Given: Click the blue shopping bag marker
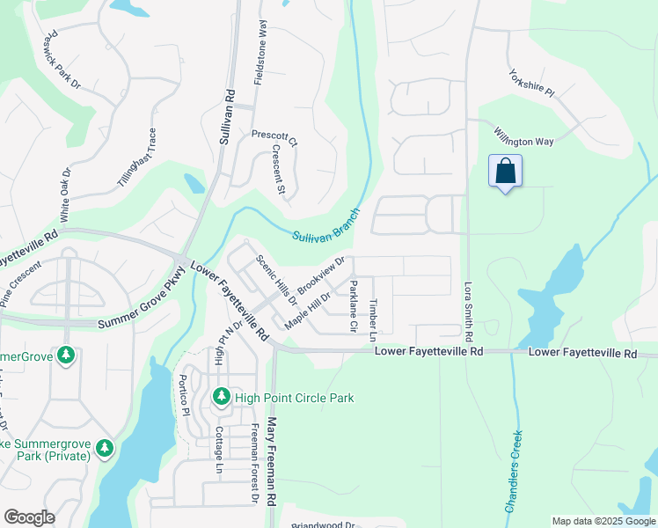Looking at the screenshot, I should coord(506,171).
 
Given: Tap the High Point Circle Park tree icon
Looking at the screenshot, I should coord(220,398).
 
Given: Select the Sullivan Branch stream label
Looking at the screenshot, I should coord(326,226).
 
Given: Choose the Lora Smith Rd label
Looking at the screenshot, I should coord(468,311).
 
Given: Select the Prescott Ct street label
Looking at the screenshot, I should coord(274,136).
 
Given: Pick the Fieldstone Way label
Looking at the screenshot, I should coord(260,52).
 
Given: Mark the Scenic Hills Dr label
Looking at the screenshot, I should coord(277,279).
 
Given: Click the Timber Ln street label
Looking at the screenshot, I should coord(373,319).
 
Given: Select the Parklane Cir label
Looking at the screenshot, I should coord(354,304).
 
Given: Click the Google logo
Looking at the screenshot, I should coord(29,517).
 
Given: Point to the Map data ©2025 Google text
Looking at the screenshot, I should coord(603,521).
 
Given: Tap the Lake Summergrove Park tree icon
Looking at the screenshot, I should coord(105,449).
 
